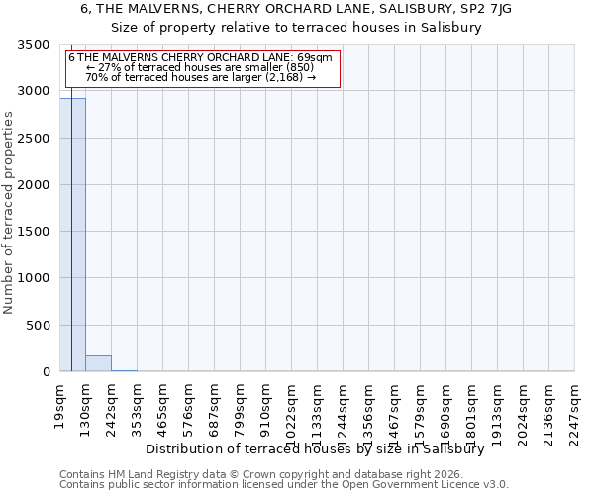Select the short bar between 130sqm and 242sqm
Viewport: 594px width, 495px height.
click(98, 363)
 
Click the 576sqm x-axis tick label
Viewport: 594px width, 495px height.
click(189, 406)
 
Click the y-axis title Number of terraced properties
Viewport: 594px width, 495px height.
click(9, 213)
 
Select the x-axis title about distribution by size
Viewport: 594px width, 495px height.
click(321, 448)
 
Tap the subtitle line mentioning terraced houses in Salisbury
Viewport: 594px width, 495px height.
click(296, 28)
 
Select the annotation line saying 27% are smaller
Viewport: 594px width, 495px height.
click(200, 67)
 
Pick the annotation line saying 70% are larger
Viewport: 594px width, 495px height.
click(200, 77)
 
